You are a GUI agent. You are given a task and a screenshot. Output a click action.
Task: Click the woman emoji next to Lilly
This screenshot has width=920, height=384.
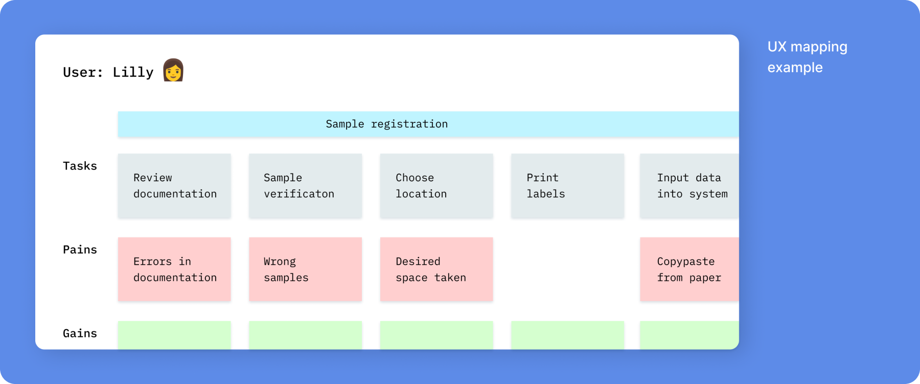[173, 70]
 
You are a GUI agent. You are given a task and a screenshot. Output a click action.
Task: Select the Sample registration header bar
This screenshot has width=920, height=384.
[428, 124]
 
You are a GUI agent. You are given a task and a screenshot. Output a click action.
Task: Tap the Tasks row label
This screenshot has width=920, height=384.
[80, 166]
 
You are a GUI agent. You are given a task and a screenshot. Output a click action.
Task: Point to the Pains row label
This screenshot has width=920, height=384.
[80, 249]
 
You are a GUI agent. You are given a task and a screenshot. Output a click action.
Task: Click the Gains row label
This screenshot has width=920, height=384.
[80, 333]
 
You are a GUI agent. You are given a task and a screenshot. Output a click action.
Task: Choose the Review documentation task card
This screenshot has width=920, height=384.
[174, 186]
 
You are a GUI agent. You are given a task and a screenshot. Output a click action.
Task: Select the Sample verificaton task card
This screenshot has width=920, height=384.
[306, 186]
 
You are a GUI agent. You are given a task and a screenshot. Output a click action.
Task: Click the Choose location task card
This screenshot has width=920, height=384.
[436, 186]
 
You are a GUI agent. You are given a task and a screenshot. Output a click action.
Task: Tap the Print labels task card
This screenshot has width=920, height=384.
[567, 186]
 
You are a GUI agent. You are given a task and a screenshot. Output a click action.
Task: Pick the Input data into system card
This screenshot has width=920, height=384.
[689, 186]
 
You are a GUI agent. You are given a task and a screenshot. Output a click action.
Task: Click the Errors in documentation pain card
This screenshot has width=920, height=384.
[174, 269]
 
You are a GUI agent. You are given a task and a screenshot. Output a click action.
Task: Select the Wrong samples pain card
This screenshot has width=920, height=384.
[306, 269]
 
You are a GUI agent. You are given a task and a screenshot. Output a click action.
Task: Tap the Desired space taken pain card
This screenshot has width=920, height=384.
[436, 269]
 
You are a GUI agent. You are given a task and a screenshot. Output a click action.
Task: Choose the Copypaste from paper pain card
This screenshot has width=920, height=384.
[689, 269]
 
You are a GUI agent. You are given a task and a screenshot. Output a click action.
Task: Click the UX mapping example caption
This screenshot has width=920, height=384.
[808, 57]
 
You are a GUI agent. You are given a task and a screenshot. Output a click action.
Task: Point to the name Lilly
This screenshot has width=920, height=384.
[133, 72]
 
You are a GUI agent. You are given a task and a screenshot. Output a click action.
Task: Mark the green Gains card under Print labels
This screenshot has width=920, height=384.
[567, 335]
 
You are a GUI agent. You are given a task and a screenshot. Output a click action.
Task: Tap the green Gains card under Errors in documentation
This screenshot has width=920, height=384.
[174, 335]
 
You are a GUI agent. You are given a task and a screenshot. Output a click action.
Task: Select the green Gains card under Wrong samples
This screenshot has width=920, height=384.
[306, 335]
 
